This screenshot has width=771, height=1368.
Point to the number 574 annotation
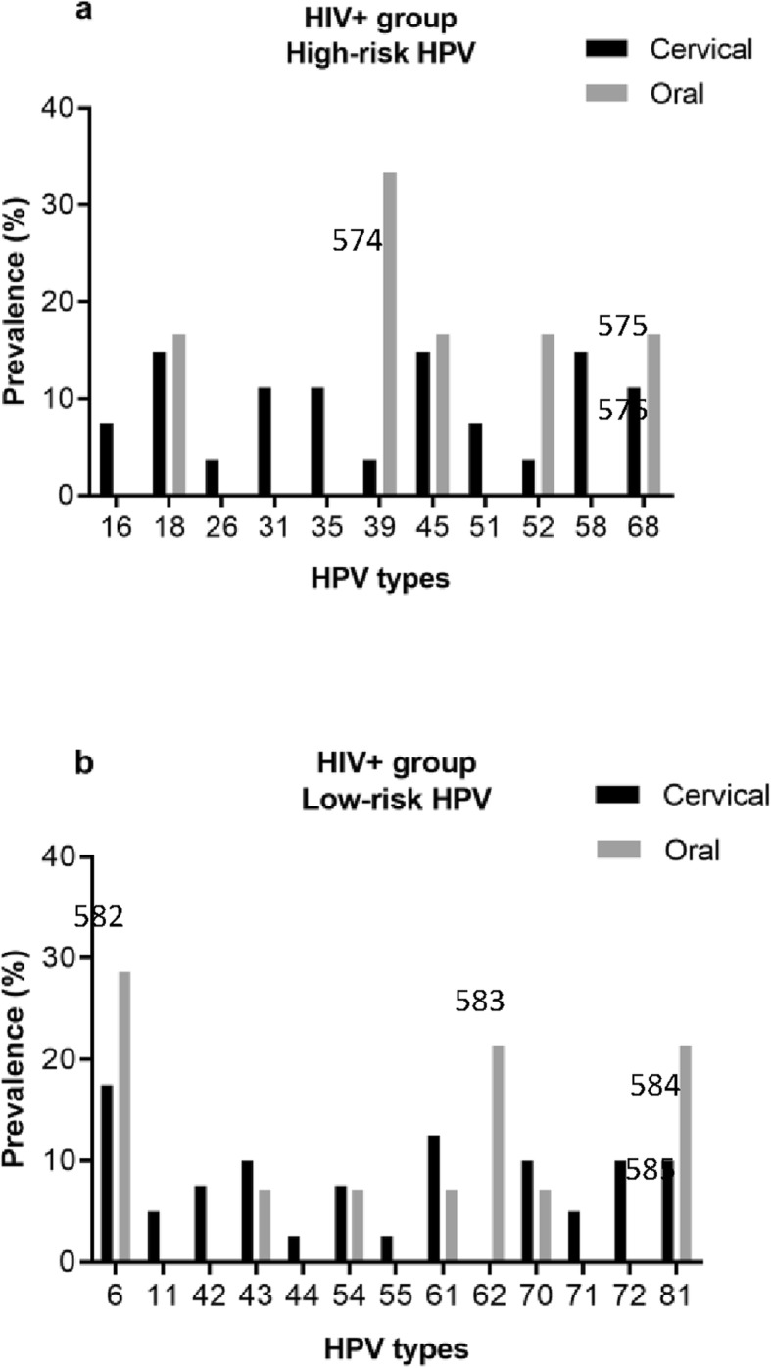pyautogui.click(x=357, y=241)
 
